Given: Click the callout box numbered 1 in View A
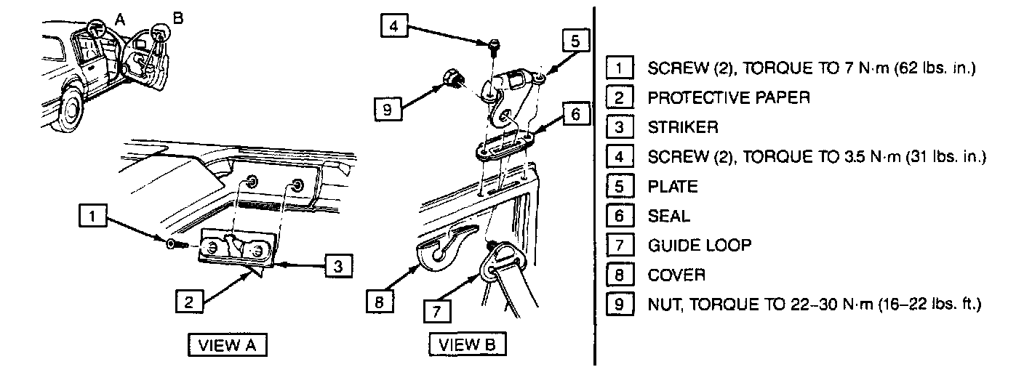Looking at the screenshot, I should click(x=91, y=216).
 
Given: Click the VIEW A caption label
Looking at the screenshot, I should click(x=228, y=344).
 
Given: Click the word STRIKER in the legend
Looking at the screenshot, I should click(x=682, y=128).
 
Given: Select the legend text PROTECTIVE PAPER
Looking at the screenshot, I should click(x=728, y=98).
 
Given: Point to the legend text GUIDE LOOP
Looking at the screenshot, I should click(x=699, y=245).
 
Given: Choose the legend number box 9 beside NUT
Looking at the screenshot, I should click(x=619, y=304).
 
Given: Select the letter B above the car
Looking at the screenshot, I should click(x=179, y=15).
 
